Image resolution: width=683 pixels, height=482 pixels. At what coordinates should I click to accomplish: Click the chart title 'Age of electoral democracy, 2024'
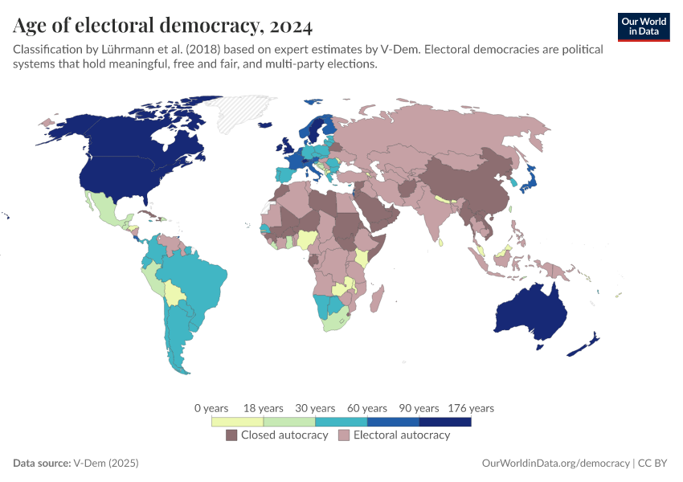[162, 26]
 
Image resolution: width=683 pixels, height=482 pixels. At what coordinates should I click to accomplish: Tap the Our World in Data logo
[643, 27]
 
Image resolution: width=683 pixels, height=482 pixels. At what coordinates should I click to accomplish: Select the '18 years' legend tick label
[264, 408]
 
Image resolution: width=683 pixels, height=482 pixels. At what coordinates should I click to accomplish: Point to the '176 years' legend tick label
[470, 408]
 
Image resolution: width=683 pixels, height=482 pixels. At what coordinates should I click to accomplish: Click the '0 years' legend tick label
[211, 408]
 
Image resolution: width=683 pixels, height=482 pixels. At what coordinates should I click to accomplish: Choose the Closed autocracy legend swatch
[231, 435]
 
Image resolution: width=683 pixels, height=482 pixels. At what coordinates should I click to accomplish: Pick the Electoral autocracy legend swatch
[344, 435]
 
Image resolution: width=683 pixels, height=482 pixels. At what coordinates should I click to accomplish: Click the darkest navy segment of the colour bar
[444, 421]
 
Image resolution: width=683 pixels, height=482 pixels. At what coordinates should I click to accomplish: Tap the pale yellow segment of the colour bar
[237, 421]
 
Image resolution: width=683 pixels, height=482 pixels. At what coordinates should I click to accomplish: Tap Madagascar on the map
[374, 301]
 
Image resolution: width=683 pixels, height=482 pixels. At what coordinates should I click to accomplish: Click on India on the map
[439, 213]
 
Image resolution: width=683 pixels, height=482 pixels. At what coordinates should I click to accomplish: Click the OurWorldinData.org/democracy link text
[555, 464]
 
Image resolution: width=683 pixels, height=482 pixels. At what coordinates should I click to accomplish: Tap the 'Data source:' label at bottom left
[41, 464]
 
